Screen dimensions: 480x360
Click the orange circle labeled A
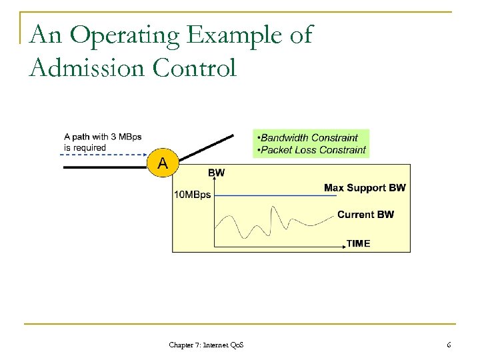coord(162,162)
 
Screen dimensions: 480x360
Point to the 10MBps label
coord(192,195)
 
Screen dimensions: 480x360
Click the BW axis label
coord(217,173)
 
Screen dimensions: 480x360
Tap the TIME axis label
coord(358,243)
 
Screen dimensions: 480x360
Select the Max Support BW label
coord(365,188)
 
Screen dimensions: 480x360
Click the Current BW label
coord(365,214)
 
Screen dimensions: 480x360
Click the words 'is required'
coord(85,147)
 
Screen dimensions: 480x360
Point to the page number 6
coord(449,345)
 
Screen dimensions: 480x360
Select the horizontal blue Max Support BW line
coord(267,195)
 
